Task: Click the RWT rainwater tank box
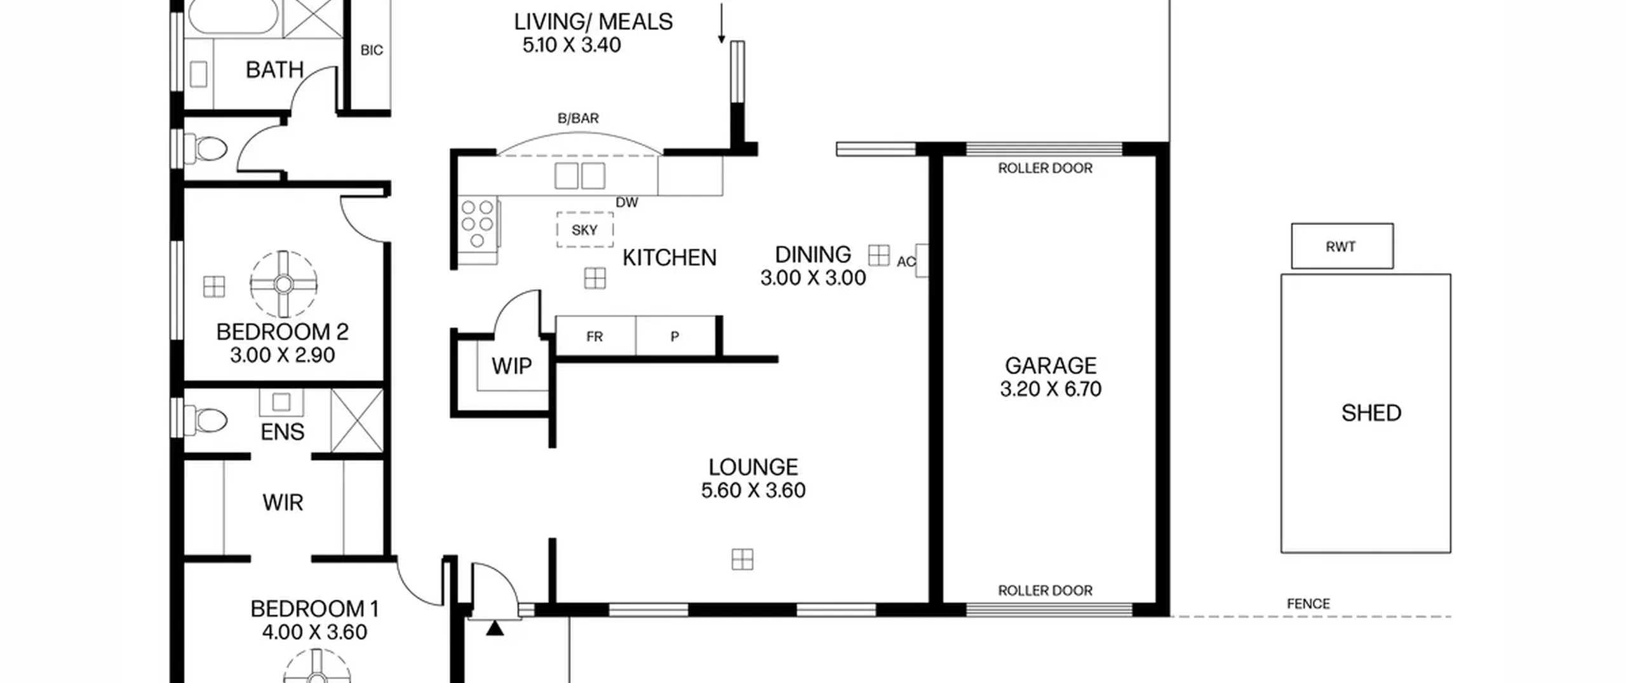pos(1342,246)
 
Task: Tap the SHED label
pos(1371,413)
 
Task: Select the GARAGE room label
pos(1051,365)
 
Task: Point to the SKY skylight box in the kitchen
pos(585,229)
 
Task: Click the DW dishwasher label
pos(627,203)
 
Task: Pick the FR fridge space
pos(595,336)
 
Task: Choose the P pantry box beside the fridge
pos(675,336)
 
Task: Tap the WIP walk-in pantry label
pos(511,366)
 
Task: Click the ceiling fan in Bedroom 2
pos(283,284)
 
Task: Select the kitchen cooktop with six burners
pos(478,224)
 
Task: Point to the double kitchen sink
pos(580,176)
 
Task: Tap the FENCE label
pos(1308,604)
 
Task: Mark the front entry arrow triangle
pos(495,628)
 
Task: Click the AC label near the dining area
pos(906,262)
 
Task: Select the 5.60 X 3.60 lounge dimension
pos(753,490)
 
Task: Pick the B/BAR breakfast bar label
pos(578,118)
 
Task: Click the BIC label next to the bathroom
pos(372,50)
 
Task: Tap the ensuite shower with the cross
pos(357,421)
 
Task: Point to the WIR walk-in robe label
pos(283,503)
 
